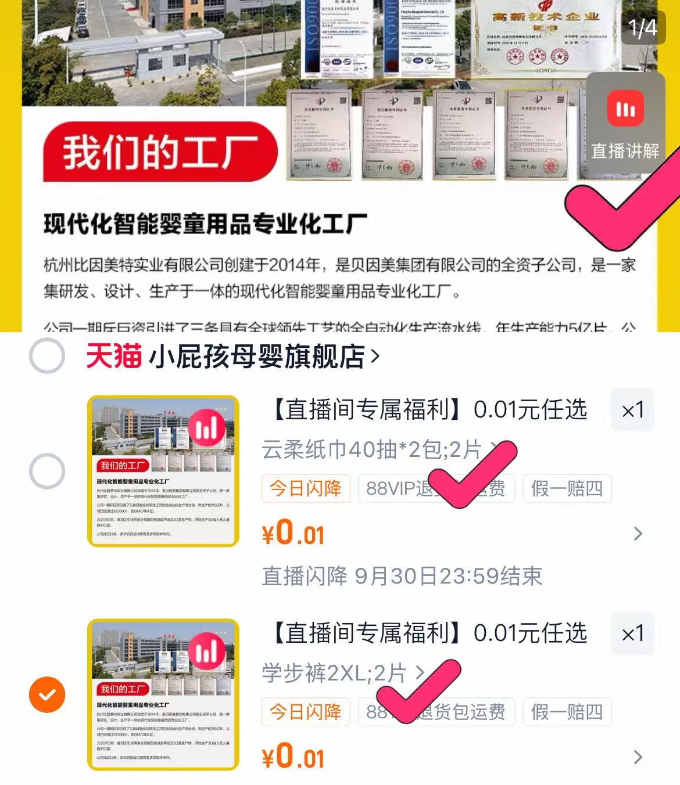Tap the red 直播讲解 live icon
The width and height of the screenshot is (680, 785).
(x=625, y=109)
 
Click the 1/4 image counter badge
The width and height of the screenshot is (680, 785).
(x=642, y=27)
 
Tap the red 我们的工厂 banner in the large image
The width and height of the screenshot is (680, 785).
(x=160, y=153)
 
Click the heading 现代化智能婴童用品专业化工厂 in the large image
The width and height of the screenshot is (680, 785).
(x=205, y=224)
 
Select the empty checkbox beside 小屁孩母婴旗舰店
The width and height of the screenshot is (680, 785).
(x=47, y=355)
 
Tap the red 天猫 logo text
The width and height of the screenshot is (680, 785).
(x=114, y=355)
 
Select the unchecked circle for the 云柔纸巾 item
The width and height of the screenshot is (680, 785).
(x=47, y=470)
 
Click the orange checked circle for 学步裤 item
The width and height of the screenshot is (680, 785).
(x=47, y=694)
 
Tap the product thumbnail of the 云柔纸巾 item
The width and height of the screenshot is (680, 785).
(x=163, y=471)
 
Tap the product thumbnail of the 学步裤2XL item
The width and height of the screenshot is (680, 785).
(x=163, y=694)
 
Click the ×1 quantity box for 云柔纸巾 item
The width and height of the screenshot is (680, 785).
(x=632, y=410)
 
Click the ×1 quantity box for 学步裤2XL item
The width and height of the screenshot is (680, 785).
(x=632, y=633)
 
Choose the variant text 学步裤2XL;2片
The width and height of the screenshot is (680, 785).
(x=334, y=673)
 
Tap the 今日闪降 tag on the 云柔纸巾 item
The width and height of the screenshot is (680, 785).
(x=306, y=488)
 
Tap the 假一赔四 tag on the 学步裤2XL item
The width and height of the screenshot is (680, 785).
(x=567, y=712)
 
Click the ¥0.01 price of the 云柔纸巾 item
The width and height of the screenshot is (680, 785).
(x=294, y=533)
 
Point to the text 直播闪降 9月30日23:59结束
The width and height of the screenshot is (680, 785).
(x=402, y=576)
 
